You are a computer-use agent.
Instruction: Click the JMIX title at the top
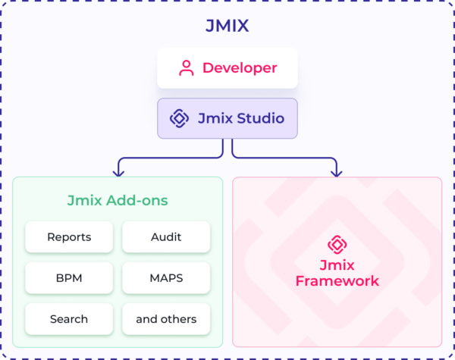click(227, 26)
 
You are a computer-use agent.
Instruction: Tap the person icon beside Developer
click(186, 68)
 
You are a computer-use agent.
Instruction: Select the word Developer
click(239, 68)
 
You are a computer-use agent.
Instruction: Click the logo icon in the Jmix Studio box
click(179, 118)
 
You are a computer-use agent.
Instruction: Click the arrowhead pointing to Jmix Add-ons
click(118, 171)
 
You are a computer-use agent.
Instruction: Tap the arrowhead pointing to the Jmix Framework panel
click(336, 171)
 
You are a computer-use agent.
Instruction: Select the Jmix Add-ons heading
click(118, 201)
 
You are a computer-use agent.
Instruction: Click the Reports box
click(69, 237)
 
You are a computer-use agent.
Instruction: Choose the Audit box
click(166, 237)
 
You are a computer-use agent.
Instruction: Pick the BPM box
click(69, 278)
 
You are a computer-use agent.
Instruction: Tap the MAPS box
click(166, 278)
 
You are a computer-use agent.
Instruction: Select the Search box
click(69, 319)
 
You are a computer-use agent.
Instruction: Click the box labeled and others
click(166, 319)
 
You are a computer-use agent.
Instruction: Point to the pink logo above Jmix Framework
click(337, 244)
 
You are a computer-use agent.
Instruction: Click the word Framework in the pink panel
click(337, 281)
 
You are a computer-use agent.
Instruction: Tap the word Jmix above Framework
click(337, 265)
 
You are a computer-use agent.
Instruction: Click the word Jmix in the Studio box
click(213, 118)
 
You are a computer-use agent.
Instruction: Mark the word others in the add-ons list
click(179, 319)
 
